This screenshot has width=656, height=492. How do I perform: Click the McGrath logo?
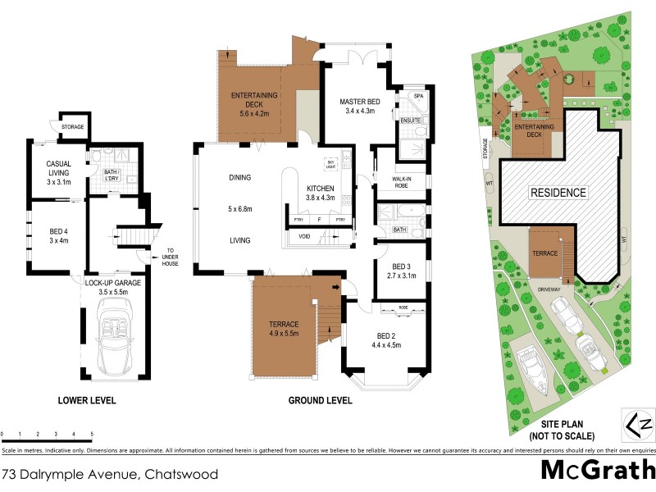point(598,469)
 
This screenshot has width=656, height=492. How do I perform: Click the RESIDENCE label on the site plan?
point(558,194)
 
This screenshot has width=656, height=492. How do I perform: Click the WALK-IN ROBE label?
point(401,182)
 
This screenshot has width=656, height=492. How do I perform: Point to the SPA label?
point(417,96)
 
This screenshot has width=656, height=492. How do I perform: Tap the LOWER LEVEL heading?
point(87,401)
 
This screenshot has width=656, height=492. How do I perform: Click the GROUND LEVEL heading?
point(321,401)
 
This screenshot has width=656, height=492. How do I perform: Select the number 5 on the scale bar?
point(92,433)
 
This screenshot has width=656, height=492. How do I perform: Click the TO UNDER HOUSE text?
point(171,257)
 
